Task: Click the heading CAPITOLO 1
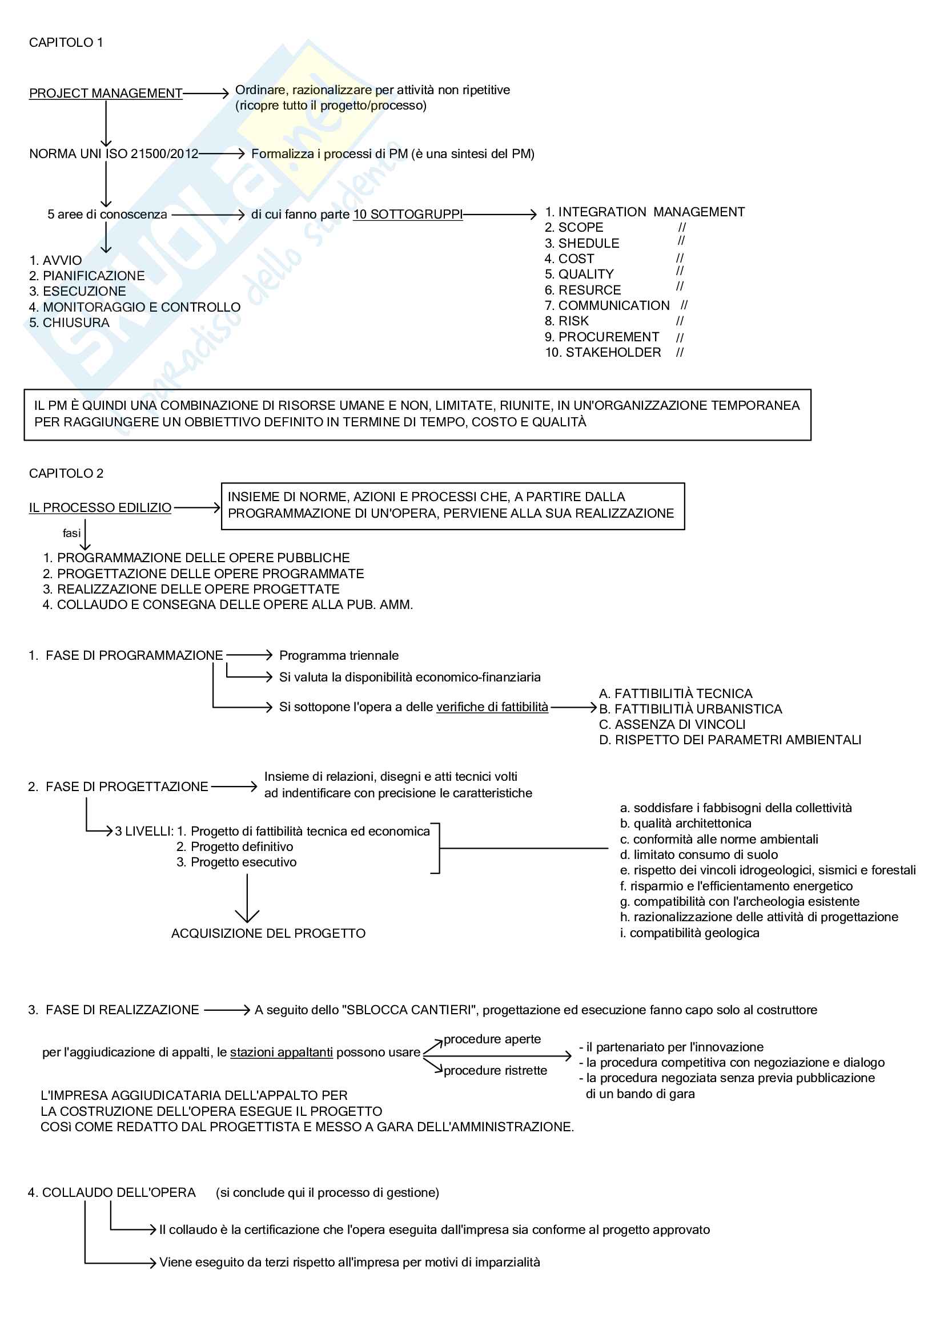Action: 66,42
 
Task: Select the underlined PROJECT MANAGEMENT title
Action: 106,94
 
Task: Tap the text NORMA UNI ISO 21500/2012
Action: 114,154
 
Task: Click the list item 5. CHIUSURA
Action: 69,322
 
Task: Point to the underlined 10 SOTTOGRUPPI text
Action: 408,215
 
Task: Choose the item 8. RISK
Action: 567,321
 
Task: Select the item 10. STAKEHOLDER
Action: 602,352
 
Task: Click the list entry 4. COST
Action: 569,259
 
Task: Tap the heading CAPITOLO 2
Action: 66,473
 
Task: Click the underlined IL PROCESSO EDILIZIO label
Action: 100,507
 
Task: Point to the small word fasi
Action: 71,533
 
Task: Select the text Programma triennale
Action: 339,655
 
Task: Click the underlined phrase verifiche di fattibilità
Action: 492,707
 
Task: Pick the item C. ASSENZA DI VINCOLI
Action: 672,724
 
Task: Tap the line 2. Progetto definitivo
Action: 234,846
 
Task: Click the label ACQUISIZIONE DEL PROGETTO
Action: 268,933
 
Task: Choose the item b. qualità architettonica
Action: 685,824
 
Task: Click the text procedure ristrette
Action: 495,1070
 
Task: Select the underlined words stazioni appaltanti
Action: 282,1052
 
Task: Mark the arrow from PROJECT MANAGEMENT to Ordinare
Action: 206,94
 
